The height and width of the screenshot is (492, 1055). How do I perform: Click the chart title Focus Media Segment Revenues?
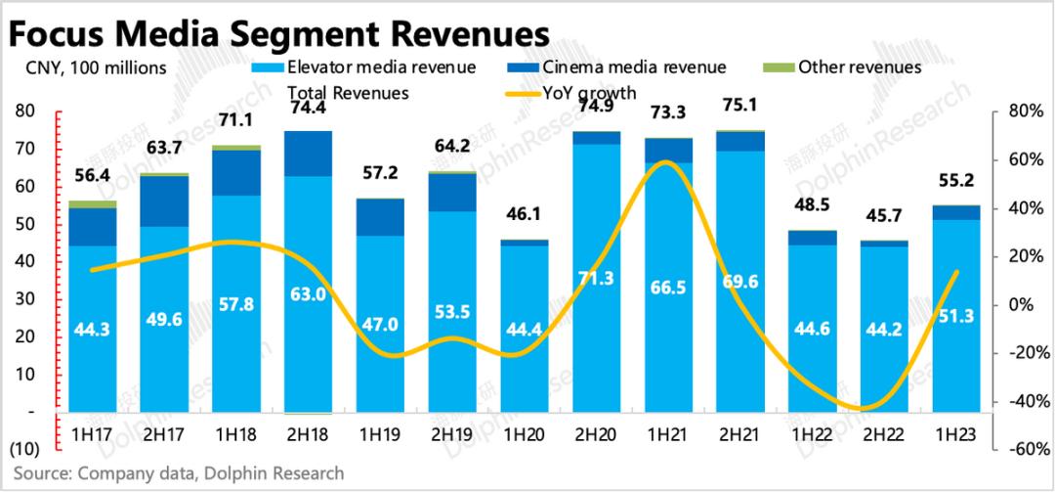click(x=277, y=32)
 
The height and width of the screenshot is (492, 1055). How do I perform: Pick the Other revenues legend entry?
click(x=849, y=67)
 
